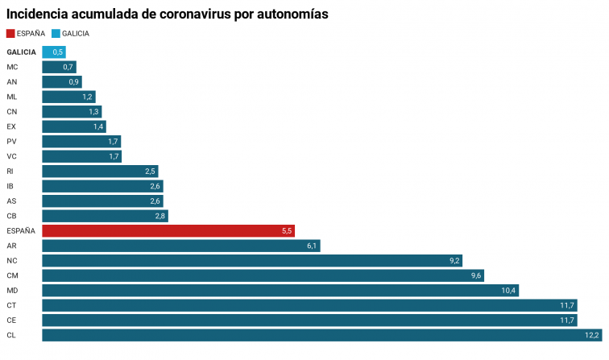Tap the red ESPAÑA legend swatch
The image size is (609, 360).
point(10,34)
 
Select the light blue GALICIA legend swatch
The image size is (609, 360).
point(56,34)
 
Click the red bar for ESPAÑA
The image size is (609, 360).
point(168,231)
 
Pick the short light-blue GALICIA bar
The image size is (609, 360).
point(53,52)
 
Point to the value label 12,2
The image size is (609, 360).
point(592,335)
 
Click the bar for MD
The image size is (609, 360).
point(280,290)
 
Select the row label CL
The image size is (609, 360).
point(11,335)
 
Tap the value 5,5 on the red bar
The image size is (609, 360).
point(286,231)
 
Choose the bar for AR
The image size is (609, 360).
point(181,246)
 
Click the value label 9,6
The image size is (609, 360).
point(476,275)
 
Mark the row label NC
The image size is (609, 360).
point(12,260)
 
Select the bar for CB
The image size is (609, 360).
point(105,216)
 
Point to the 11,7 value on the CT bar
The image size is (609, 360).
point(567,305)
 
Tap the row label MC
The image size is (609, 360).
point(12,67)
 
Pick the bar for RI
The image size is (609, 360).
point(100,172)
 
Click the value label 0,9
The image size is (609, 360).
point(74,82)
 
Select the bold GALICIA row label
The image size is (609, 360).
point(21,52)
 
